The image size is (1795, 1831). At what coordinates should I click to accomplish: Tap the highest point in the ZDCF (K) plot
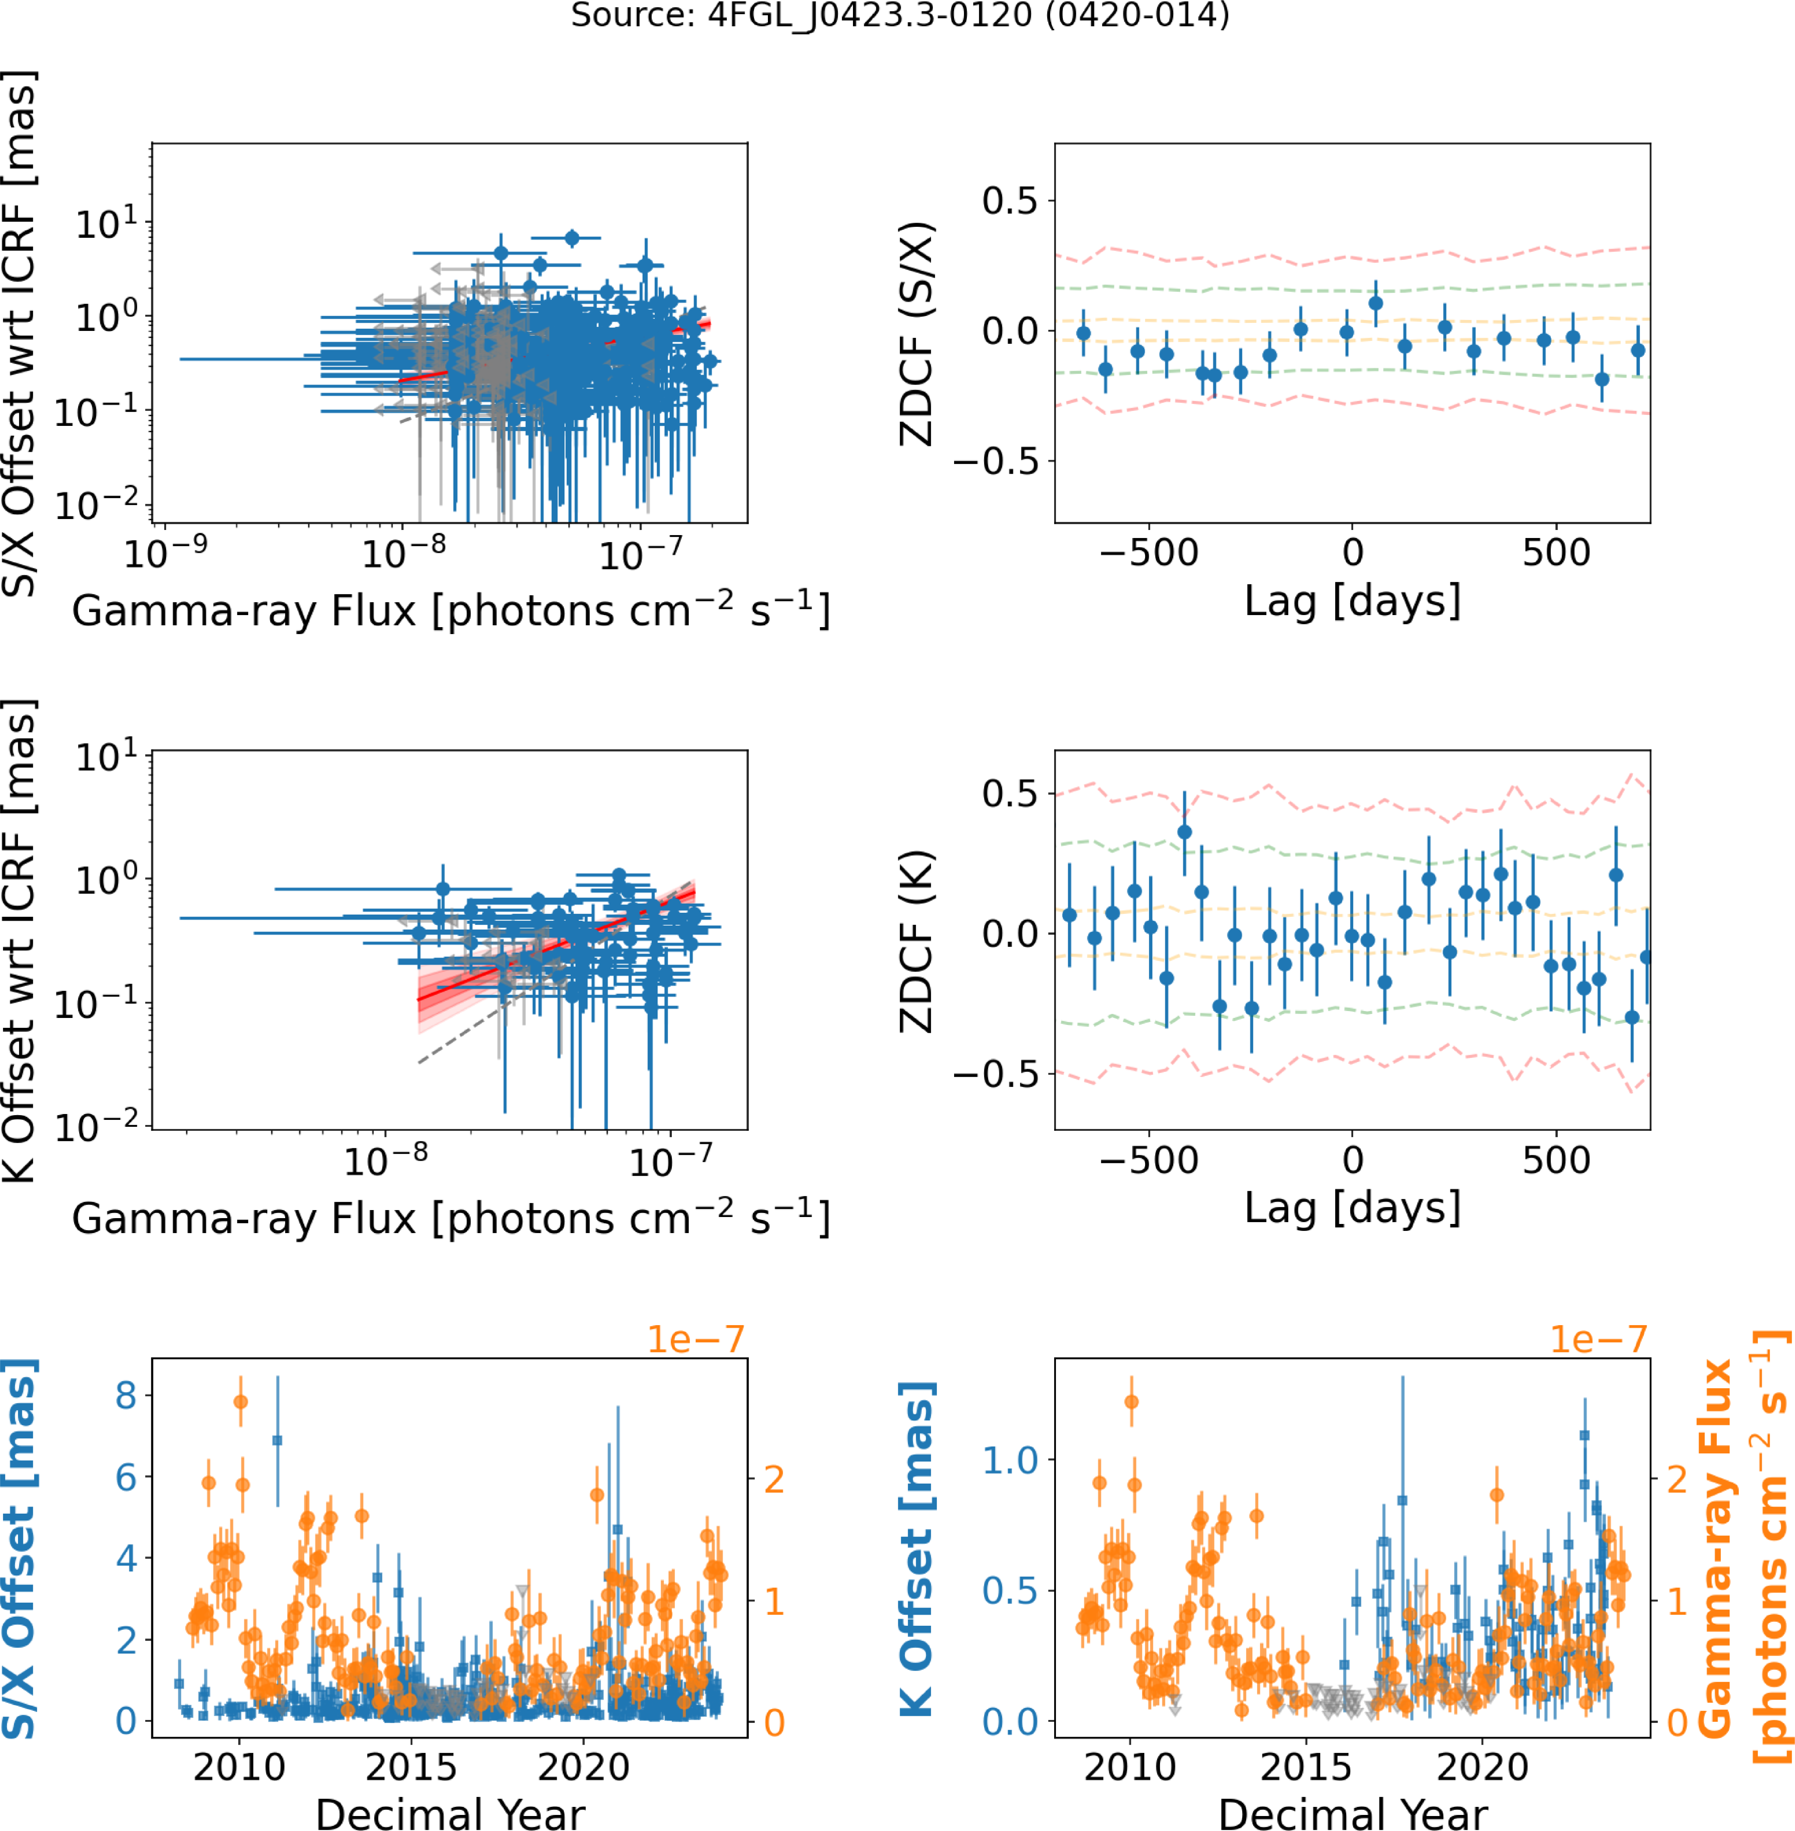(1184, 832)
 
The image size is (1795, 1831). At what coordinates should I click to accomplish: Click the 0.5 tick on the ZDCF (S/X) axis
(1010, 201)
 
